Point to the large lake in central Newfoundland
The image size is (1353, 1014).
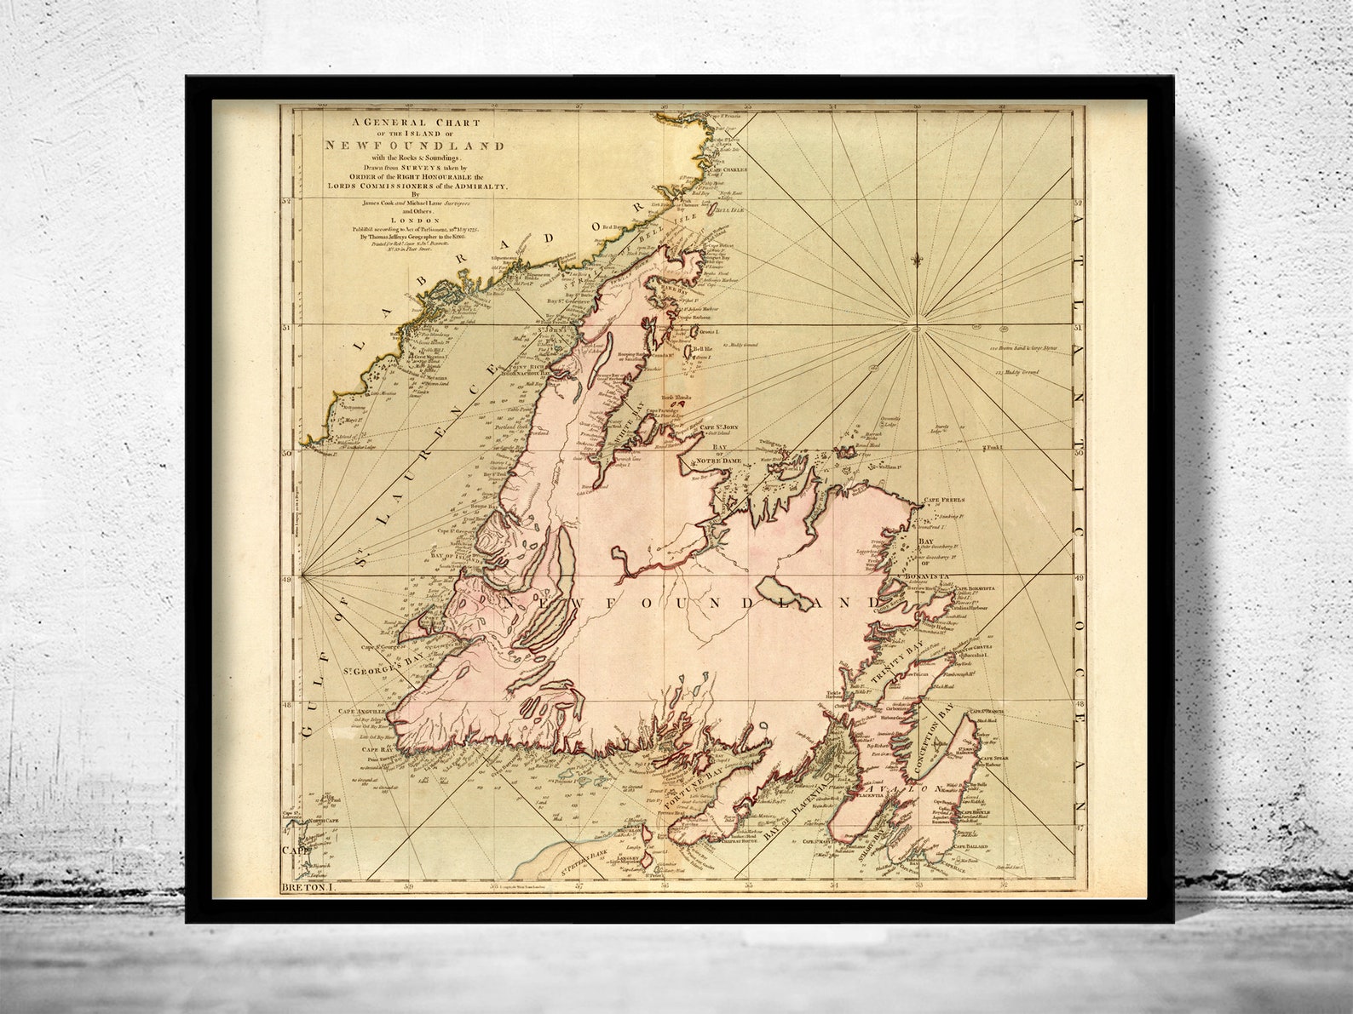click(x=786, y=591)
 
